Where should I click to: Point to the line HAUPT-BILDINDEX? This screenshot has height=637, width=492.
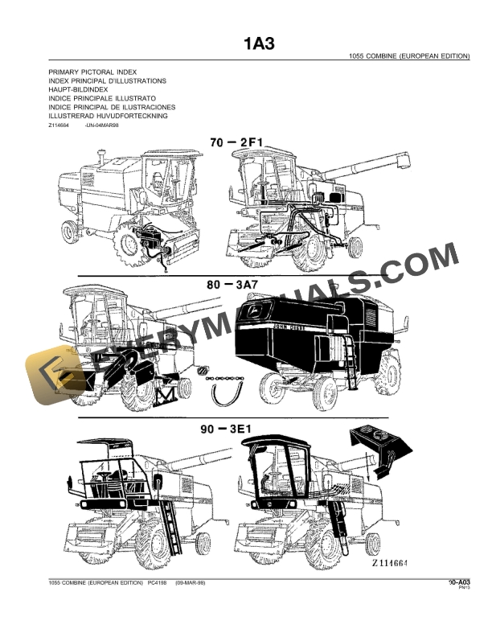point(80,90)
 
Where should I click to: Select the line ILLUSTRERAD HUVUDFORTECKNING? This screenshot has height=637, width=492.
point(108,116)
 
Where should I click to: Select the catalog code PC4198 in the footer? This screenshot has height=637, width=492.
point(152,582)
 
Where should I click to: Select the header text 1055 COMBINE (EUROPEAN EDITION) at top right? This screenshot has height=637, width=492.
point(409,58)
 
